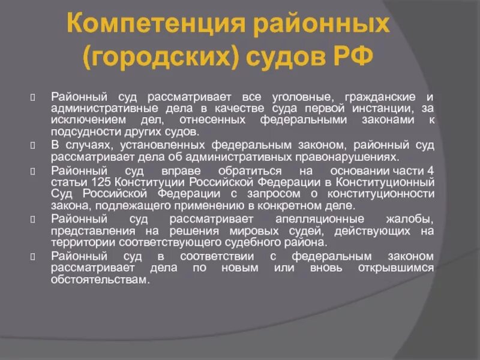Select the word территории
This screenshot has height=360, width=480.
77,243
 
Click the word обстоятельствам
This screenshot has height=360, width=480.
98,280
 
